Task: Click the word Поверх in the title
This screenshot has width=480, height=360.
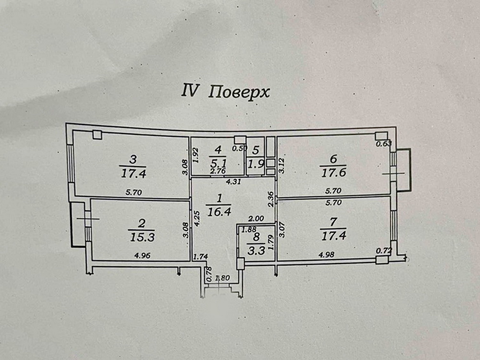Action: click(x=239, y=91)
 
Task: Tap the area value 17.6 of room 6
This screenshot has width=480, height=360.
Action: click(x=333, y=172)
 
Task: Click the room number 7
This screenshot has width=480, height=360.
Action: click(x=333, y=222)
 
